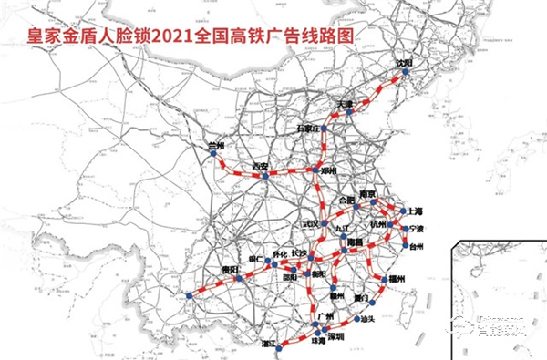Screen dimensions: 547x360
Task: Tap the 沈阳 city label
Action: [404, 64]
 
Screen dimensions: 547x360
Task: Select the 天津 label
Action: [346, 104]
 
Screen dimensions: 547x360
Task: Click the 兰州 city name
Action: [216, 145]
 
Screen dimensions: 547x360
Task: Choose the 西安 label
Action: [261, 166]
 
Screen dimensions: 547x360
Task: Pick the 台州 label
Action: [416, 246]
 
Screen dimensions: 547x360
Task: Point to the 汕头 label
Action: [368, 318]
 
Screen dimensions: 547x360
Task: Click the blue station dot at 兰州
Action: [212, 156]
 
